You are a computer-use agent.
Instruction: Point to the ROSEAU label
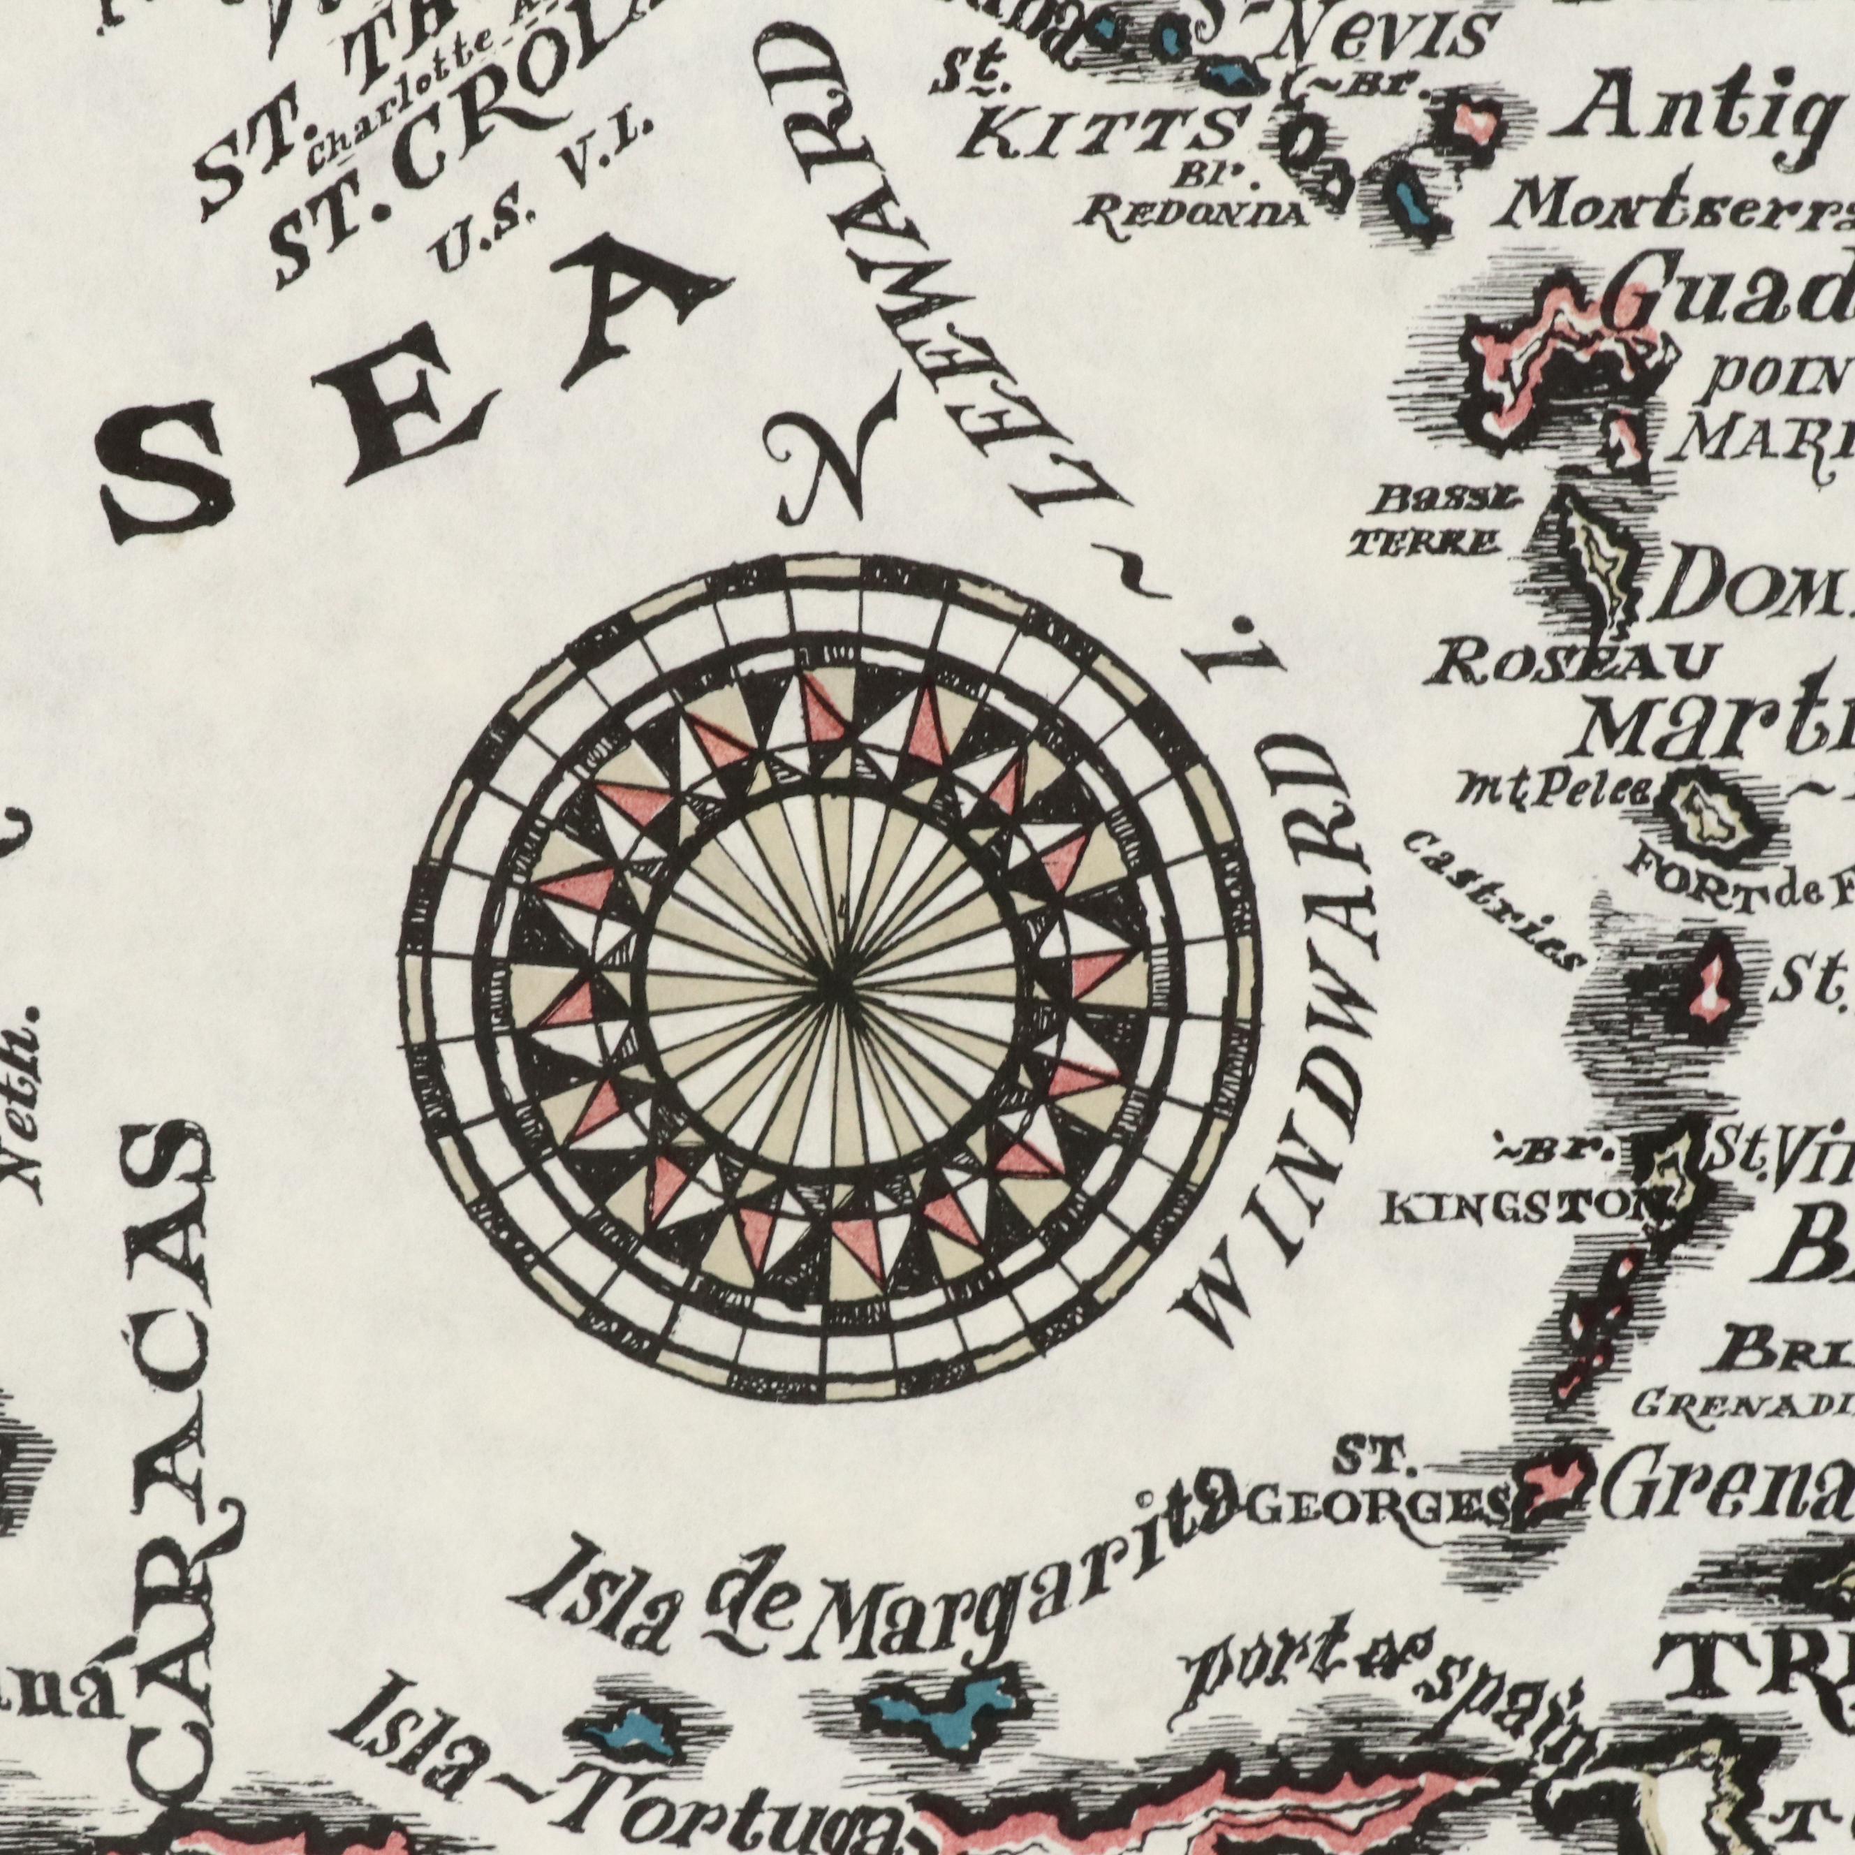coord(1570,663)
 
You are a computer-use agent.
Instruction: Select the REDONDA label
coord(1191,213)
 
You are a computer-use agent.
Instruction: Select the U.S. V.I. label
coord(543,192)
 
